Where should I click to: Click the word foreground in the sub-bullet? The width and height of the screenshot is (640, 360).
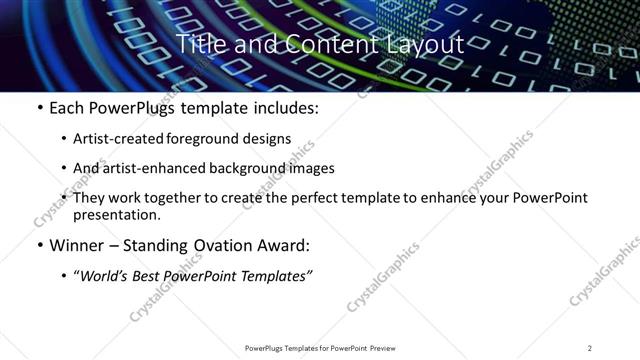tap(199, 139)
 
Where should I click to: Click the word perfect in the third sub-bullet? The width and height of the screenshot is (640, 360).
tap(305, 198)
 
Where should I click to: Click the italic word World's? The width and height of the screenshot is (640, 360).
tap(105, 275)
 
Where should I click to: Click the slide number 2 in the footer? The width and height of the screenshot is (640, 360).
tap(590, 347)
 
